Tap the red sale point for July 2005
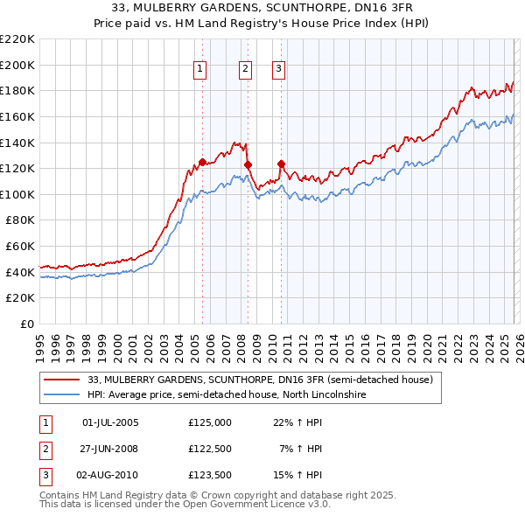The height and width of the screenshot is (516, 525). [x=202, y=162]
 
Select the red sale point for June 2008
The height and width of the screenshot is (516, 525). [x=248, y=164]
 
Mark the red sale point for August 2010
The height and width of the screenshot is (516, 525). [x=281, y=164]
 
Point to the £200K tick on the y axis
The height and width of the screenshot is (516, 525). [x=17, y=65]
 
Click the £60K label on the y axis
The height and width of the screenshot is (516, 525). [x=20, y=247]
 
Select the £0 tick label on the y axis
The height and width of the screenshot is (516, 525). [x=28, y=324]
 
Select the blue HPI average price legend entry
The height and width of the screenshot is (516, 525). [x=226, y=395]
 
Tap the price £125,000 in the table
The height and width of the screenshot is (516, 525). [x=210, y=422]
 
